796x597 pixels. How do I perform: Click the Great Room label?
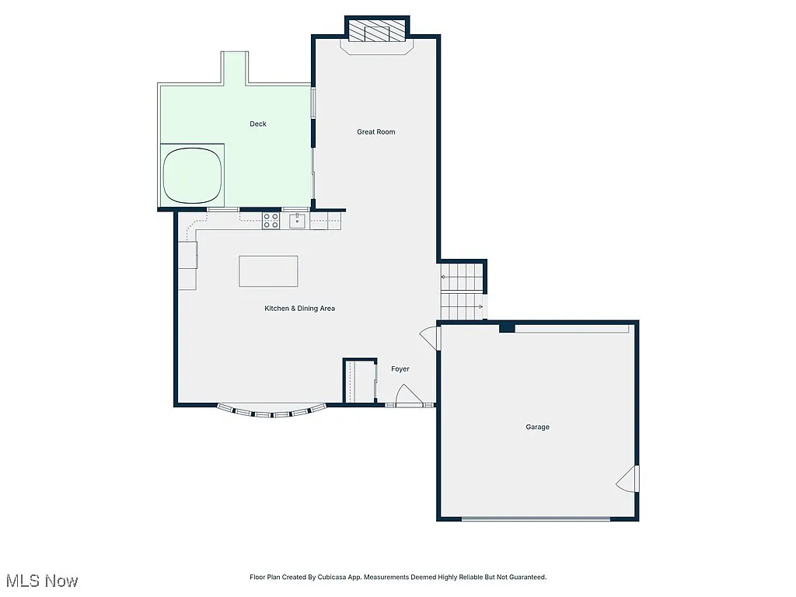click(376, 132)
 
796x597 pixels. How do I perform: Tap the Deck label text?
click(258, 124)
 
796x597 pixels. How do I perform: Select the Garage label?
click(537, 428)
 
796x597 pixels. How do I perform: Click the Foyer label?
click(400, 369)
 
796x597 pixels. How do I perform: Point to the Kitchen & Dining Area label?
click(300, 309)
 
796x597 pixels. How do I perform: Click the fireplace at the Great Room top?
click(377, 33)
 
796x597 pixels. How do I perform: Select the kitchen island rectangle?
click(268, 271)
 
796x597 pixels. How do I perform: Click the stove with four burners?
click(271, 221)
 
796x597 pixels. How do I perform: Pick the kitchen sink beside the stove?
click(296, 222)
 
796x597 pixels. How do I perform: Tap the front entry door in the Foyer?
click(405, 399)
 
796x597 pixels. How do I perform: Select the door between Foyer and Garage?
click(428, 336)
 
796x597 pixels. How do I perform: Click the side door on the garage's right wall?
click(628, 479)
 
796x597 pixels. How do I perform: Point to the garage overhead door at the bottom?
click(536, 518)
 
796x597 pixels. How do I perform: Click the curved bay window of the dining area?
click(271, 412)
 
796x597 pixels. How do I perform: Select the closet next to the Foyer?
click(360, 381)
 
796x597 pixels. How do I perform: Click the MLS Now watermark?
click(42, 581)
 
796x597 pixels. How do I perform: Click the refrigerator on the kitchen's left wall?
click(187, 255)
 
